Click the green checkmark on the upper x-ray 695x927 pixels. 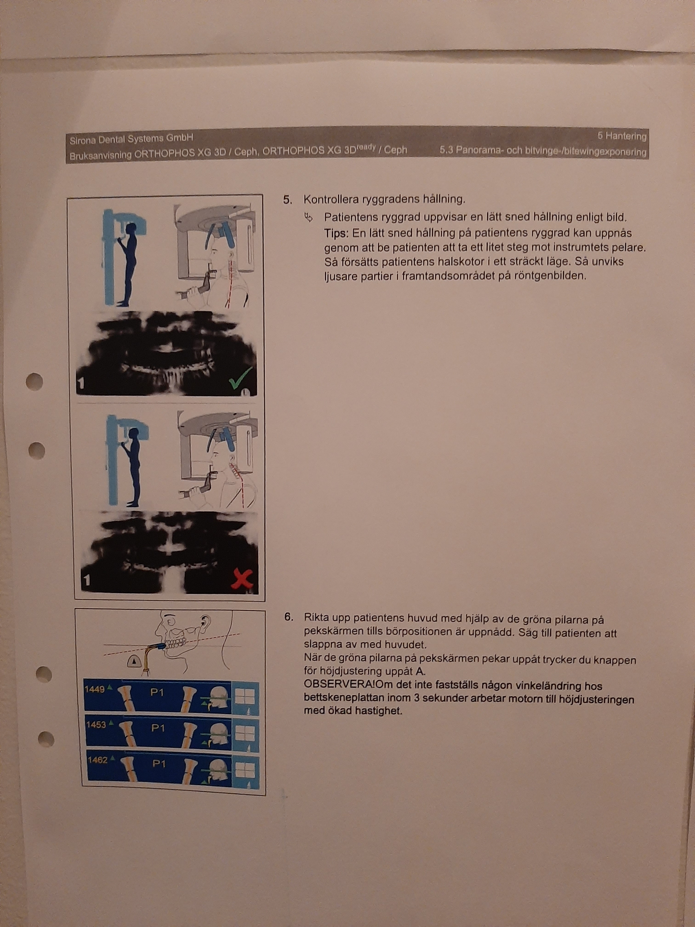click(241, 378)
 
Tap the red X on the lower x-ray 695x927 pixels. click(242, 581)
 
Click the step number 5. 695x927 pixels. click(287, 200)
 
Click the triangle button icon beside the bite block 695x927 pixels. click(134, 661)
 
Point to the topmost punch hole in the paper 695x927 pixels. click(34, 382)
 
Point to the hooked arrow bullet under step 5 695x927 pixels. click(309, 217)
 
